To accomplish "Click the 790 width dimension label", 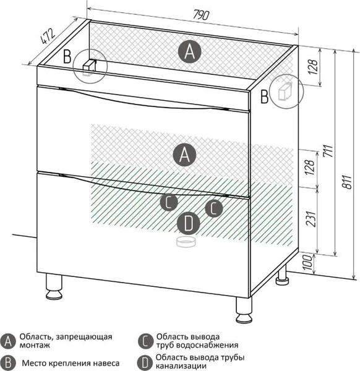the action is point(201,15).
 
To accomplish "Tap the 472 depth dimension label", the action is point(48,36).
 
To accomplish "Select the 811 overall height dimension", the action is point(347,182).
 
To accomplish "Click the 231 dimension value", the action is point(311,218).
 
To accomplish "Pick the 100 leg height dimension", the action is point(307,262).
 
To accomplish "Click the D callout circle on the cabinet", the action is point(189,223).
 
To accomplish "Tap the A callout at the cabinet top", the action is point(189,52).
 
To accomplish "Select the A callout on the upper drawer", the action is point(184,155).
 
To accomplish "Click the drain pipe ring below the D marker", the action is point(186,242).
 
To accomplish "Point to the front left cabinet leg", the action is point(54,286).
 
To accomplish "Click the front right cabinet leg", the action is point(244,310).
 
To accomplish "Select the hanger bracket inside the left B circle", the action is point(89,67).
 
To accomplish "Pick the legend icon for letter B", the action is point(8,363).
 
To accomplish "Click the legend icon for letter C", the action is point(145,341).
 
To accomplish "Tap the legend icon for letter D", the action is point(145,363).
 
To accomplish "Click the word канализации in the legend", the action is point(181,367).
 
